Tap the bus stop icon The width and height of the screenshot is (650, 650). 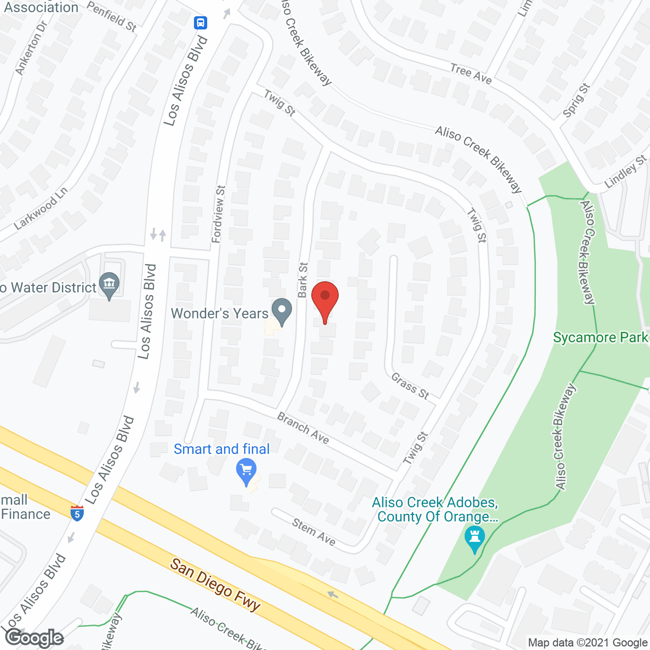(201, 22)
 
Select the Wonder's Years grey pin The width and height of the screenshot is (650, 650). (282, 311)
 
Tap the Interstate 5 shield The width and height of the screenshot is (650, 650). (77, 513)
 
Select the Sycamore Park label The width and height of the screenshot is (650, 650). (600, 338)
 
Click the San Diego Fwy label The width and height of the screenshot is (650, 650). (215, 584)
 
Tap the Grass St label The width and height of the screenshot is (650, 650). (410, 386)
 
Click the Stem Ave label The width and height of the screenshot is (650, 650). (314, 532)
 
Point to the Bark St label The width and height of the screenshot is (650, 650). (303, 280)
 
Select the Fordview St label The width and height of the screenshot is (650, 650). (218, 214)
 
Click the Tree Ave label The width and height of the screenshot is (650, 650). (471, 74)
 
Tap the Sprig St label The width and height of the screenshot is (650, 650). (576, 100)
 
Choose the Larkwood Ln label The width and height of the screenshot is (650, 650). (41, 208)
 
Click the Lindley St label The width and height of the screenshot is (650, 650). (627, 171)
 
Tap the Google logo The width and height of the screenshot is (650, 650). (35, 638)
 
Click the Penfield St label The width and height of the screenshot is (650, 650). (112, 16)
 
